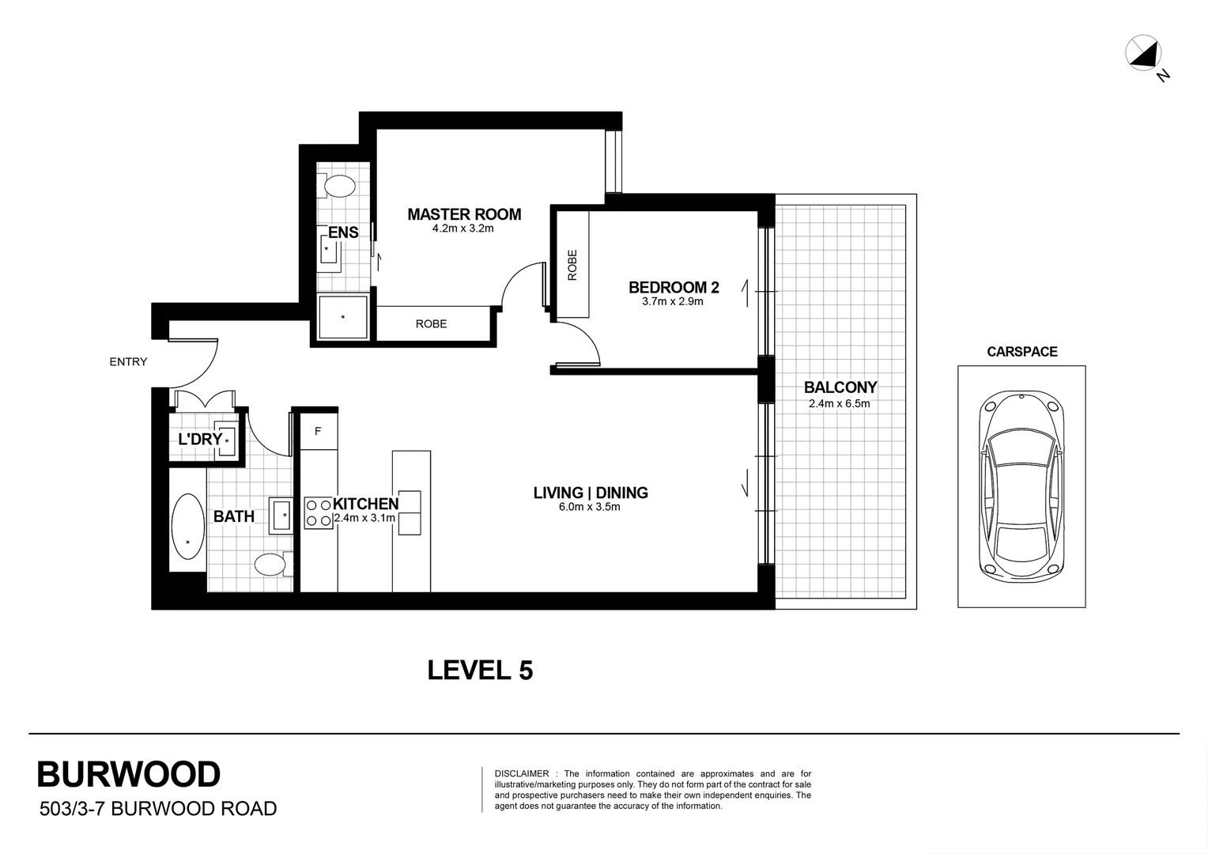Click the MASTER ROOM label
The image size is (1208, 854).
[x=464, y=214]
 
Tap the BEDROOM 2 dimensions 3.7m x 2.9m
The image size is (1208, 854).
[x=673, y=301]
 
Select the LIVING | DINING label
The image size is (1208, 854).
[x=591, y=493]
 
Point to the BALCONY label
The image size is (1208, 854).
[x=840, y=387]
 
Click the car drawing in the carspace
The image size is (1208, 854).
[x=1021, y=487]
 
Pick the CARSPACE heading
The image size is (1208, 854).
[x=1021, y=352]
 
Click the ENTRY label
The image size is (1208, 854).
[x=128, y=362]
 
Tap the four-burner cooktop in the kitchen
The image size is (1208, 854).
[x=319, y=512]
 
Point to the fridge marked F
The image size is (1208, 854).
[x=318, y=432]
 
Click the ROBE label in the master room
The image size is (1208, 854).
[x=431, y=324]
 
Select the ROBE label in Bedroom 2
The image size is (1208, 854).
[x=572, y=265]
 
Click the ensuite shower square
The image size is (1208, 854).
[x=343, y=317]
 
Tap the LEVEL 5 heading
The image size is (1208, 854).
[x=480, y=671]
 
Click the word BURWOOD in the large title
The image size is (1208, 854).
[x=129, y=775]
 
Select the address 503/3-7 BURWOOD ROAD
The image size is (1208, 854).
[x=157, y=809]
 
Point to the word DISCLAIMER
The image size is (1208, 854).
[x=521, y=773]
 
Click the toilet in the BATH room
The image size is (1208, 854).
[x=270, y=565]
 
